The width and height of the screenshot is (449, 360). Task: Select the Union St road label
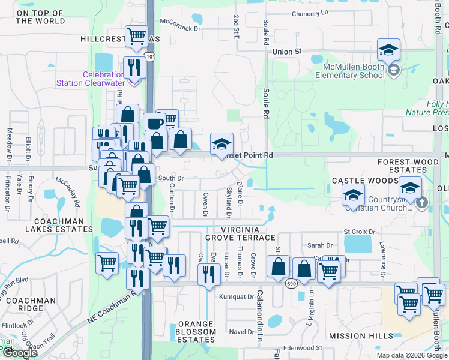click(286, 52)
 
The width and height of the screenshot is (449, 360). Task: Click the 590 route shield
click(290, 283)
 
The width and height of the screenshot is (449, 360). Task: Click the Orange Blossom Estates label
click(196, 332)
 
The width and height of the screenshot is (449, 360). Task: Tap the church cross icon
click(421, 203)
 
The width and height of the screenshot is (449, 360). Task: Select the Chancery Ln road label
click(310, 13)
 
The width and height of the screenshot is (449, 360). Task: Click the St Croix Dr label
click(359, 232)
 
